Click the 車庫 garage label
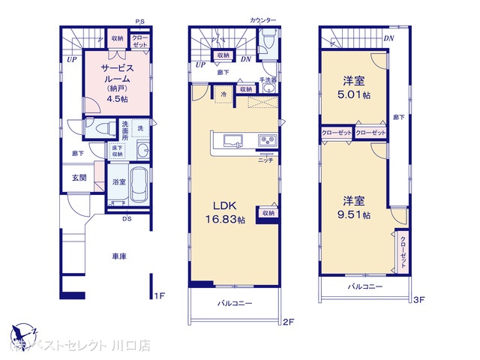coord(119,257)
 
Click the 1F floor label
coord(159,297)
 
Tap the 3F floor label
coord(419,300)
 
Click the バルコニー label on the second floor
coord(235,303)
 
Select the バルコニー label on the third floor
coord(365,287)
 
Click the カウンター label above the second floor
coord(262,19)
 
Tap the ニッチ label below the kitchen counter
coord(265,160)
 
